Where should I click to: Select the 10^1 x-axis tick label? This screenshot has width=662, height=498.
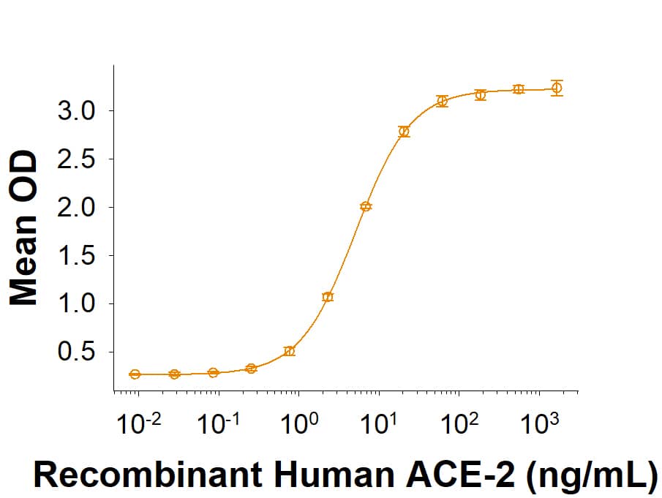tap(379, 424)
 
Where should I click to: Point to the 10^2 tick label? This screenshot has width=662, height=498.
tap(459, 424)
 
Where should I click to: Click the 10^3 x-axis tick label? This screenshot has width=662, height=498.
tap(539, 424)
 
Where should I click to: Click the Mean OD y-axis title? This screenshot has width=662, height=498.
tap(25, 227)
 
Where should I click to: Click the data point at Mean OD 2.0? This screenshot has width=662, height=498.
tap(366, 206)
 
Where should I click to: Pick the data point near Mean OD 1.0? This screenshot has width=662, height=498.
tap(328, 297)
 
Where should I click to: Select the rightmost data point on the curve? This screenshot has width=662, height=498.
tap(557, 88)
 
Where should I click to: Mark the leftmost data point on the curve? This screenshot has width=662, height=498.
tap(135, 374)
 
